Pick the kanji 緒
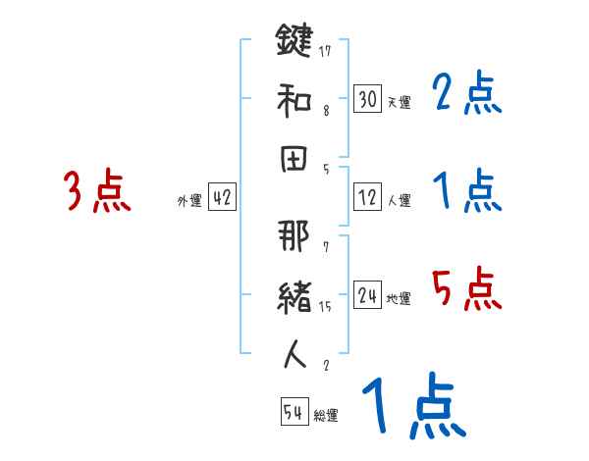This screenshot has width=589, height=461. point(294,295)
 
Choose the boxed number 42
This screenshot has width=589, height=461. point(222,197)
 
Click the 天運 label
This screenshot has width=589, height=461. point(399,102)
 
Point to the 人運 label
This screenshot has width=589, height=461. point(399,200)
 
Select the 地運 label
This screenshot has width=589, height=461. point(399,298)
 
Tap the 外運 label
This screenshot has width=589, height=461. point(188,200)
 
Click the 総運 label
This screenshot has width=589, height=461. point(326,415)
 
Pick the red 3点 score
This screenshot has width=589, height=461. point(97,191)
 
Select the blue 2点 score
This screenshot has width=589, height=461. point(467,94)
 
